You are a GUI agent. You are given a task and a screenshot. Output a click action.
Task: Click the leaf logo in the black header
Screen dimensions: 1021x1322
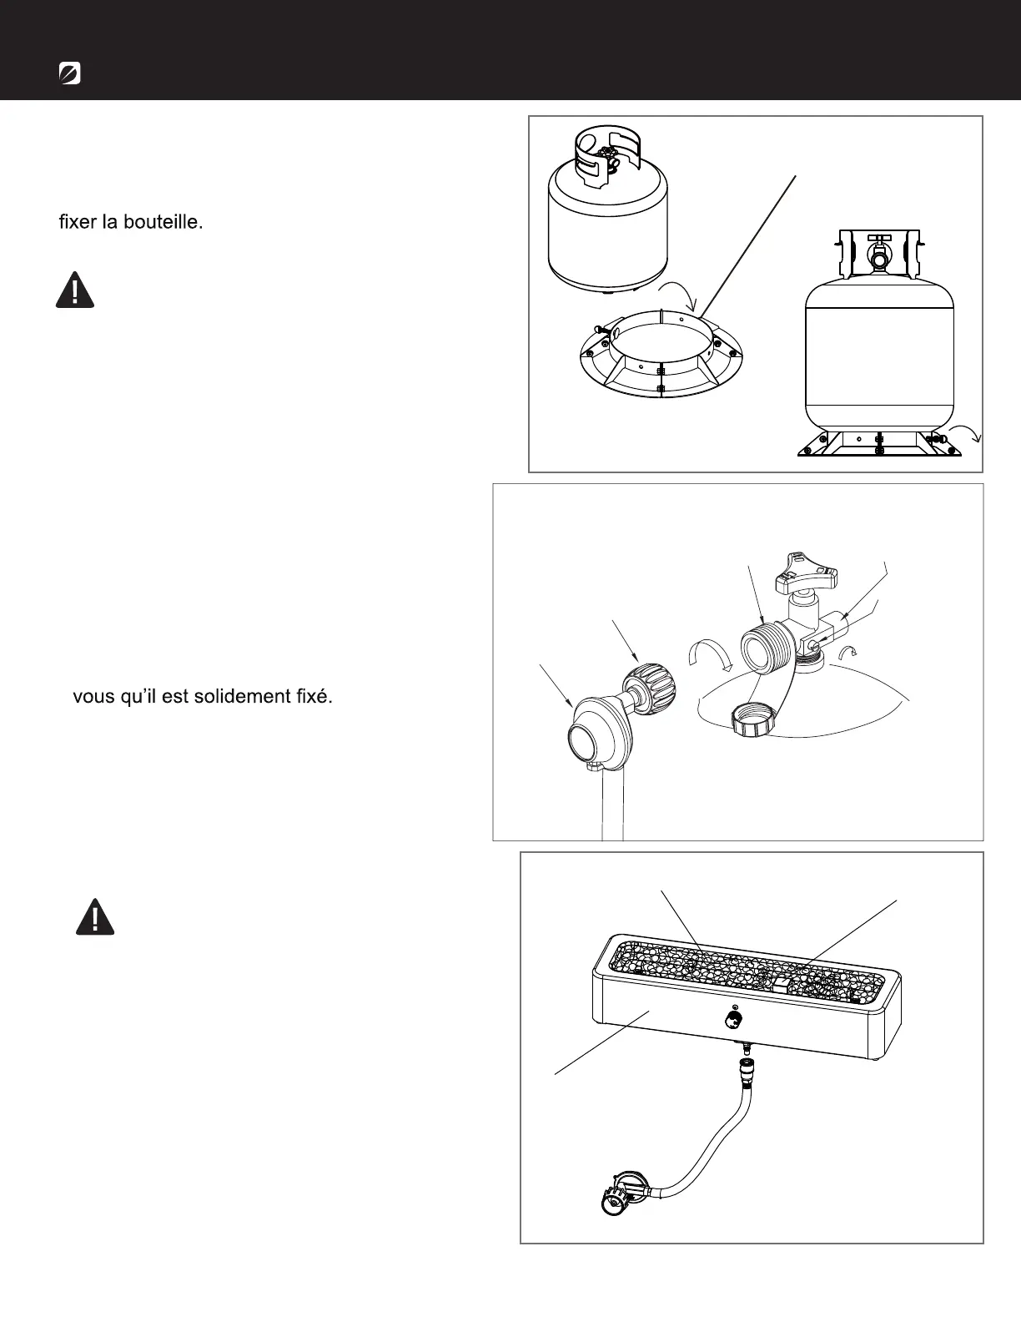pyautogui.click(x=70, y=73)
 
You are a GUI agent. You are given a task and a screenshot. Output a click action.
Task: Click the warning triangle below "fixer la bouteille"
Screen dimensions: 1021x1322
pyautogui.click(x=75, y=291)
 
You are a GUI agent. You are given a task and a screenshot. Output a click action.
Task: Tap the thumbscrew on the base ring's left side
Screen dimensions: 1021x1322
pyautogui.click(x=598, y=328)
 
